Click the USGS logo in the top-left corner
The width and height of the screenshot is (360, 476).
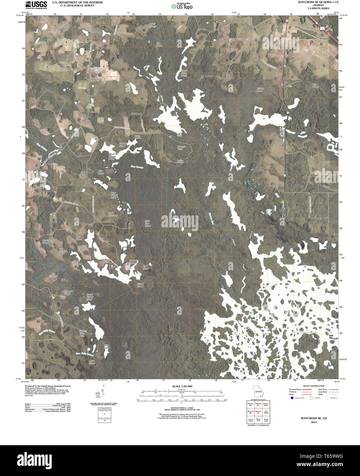point(36,5)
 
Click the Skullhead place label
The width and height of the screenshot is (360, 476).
point(136,113)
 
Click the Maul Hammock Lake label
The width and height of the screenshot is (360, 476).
point(305,332)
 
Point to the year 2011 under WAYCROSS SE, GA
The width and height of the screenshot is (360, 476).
point(314,422)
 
